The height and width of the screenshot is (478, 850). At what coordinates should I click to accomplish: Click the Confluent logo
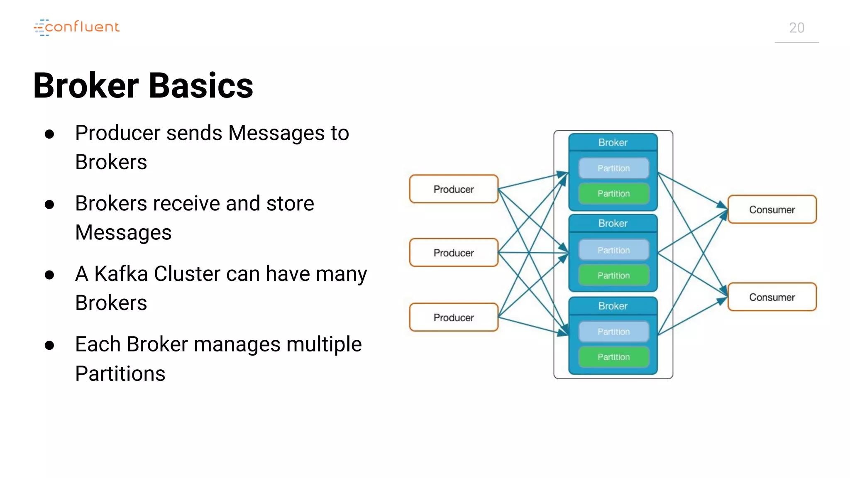coord(77,27)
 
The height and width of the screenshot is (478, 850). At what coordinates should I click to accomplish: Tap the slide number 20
coord(796,28)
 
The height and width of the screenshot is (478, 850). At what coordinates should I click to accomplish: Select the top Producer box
coord(454,189)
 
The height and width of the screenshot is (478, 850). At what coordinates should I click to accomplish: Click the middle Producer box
coord(454,253)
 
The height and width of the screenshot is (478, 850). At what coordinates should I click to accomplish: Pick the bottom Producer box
coord(454,317)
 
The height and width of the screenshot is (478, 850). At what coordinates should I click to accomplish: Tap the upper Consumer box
coord(772,210)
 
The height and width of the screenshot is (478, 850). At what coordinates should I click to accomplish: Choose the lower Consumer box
coord(772,297)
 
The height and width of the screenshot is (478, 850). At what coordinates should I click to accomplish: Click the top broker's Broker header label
coord(613,142)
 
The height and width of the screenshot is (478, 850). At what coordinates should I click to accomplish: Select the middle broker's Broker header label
coord(613,223)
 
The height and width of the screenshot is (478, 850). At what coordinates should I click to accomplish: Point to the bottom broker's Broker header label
coord(613,306)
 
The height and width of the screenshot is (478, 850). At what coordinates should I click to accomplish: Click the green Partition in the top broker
coord(613,193)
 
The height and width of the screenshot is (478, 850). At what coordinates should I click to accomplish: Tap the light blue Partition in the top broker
coord(613,168)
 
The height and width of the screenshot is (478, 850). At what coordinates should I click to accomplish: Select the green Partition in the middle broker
coord(613,276)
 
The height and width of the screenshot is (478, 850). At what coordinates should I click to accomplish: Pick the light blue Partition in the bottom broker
coord(613,332)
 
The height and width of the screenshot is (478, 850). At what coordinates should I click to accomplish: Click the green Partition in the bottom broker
coord(613,357)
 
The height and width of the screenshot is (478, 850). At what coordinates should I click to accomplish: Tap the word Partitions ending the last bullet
coord(120,373)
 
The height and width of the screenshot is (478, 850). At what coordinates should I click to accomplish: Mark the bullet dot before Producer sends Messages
coord(49,134)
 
